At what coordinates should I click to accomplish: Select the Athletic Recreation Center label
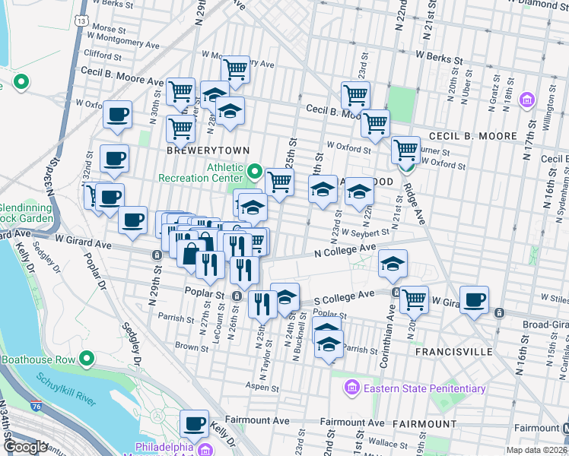coord(201,173)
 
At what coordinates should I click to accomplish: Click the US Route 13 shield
coord(81,21)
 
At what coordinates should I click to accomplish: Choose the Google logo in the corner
coord(25,447)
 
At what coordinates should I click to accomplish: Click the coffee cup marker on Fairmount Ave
coord(194,423)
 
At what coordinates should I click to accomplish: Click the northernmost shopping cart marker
coord(236,69)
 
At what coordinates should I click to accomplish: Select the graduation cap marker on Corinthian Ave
coord(393,263)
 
